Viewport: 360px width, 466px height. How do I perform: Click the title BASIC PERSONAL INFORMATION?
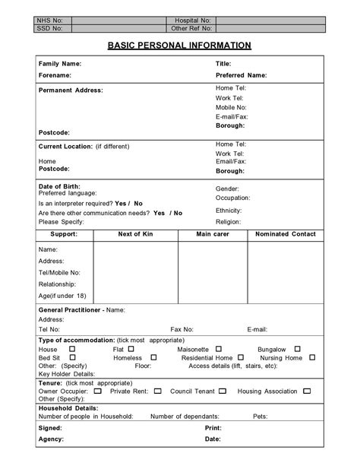pos(179,46)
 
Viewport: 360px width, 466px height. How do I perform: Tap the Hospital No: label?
pos(193,21)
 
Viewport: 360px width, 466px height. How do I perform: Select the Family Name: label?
pos(60,64)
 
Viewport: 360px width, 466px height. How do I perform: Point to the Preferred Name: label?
pos(241,75)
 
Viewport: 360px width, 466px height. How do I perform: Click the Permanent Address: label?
pos(71,90)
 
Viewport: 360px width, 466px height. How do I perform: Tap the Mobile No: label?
pos(232,107)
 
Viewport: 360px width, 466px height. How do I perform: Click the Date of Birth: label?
pos(59,186)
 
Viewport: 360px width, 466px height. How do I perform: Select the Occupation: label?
pos(233,198)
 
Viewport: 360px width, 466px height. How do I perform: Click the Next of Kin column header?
pos(135,234)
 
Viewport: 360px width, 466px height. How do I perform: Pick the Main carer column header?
pos(213,234)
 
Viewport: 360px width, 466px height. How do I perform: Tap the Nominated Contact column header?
pos(286,234)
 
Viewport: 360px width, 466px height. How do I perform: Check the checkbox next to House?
pos(72,349)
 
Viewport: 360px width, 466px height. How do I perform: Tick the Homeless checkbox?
pos(153,357)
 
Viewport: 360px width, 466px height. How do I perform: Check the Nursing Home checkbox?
pos(312,357)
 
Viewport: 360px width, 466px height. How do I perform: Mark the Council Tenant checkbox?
pos(223,391)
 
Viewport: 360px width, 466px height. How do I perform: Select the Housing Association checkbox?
pos(307,391)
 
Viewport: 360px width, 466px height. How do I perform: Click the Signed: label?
pos(51,428)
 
